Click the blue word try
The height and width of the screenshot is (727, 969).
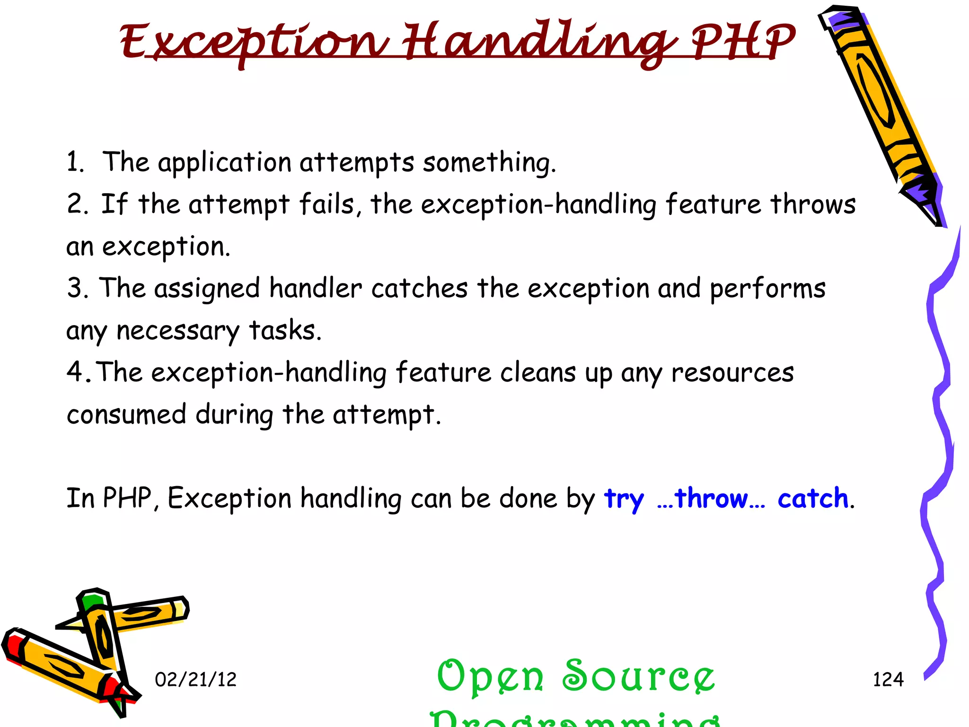pos(624,499)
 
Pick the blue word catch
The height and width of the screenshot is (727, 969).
pos(813,498)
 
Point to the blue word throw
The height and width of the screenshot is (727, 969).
pos(711,498)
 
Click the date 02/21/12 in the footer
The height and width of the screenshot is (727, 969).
pos(195,680)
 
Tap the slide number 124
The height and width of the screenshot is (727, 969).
pos(888,680)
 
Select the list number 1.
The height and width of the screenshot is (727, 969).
pos(75,162)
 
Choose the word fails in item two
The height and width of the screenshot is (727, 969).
pos(330,204)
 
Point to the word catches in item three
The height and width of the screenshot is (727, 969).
pos(419,288)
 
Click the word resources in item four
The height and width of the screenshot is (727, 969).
pos(732,372)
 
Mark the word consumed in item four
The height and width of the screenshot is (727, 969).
pos(126,414)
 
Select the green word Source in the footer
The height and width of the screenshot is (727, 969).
pos(638,676)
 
